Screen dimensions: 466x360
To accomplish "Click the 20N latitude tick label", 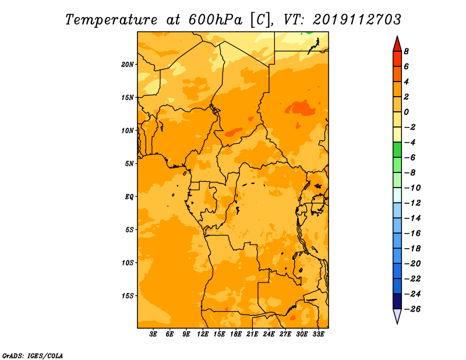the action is (x=128, y=65).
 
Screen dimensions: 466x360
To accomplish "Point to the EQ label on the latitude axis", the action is (x=129, y=197).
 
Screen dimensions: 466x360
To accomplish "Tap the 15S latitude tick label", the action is (x=128, y=296).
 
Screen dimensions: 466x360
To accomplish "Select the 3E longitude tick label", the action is (x=153, y=334).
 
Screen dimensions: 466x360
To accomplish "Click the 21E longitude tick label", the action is (x=252, y=334).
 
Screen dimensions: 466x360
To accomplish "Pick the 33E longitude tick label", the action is (x=318, y=334).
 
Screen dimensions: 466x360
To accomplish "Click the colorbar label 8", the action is (x=406, y=51).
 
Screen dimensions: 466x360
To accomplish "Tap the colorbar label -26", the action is (x=412, y=309).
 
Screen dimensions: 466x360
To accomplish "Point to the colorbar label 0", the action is (x=406, y=112).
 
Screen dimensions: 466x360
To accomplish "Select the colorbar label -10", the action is (x=412, y=188).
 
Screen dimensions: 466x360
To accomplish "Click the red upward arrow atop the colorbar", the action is (x=397, y=44).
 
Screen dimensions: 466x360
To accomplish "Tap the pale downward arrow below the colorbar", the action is (x=397, y=316).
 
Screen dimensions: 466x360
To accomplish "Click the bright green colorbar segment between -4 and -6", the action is (x=397, y=150).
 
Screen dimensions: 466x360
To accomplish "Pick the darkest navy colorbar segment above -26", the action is (x=397, y=301).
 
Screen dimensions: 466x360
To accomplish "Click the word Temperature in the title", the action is (x=111, y=20).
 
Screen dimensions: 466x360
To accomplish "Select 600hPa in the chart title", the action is (x=215, y=20).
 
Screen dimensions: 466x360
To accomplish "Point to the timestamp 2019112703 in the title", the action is (x=357, y=20).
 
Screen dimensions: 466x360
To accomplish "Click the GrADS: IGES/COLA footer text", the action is (x=33, y=356).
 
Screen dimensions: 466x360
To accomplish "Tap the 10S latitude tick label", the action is (x=128, y=263).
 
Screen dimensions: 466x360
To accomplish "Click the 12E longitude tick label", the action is (x=202, y=334).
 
